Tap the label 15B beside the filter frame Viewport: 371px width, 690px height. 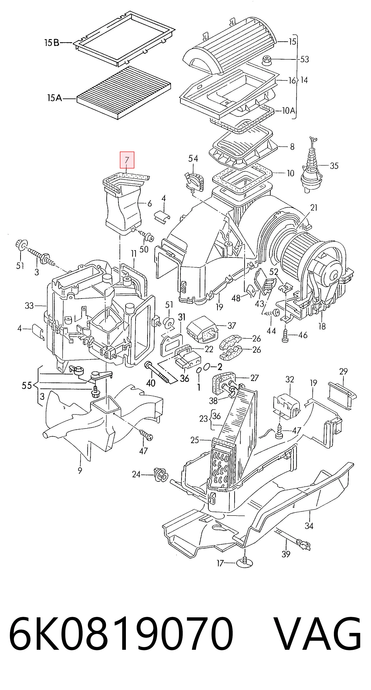(52, 43)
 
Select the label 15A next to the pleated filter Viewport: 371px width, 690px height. (55, 98)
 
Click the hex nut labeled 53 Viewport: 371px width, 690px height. (267, 60)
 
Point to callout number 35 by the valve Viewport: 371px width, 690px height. (334, 166)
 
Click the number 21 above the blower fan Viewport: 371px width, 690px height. (314, 208)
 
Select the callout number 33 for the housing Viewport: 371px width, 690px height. (30, 306)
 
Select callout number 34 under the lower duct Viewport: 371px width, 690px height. (309, 526)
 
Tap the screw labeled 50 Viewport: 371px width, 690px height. (149, 236)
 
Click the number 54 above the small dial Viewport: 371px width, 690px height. (193, 159)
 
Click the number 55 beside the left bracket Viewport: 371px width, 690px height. (27, 386)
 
